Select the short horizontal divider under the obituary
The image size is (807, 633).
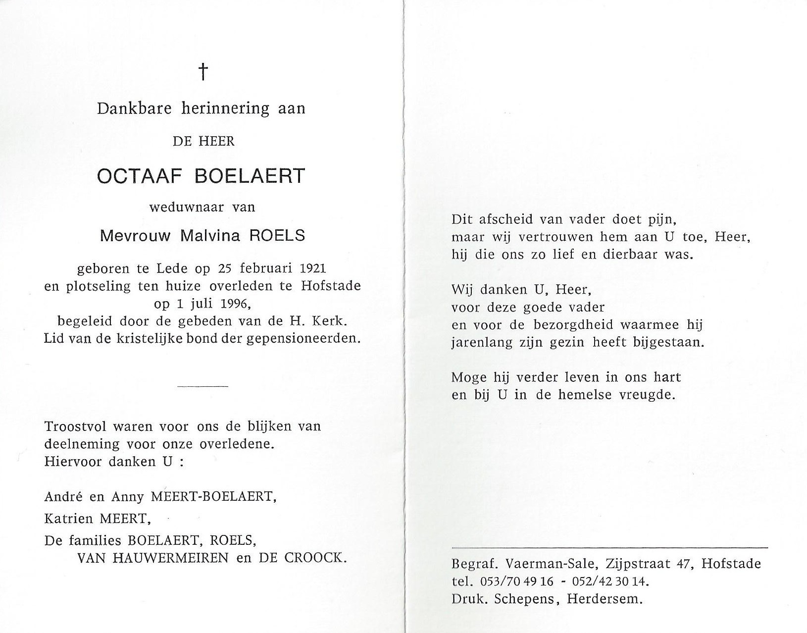click(x=202, y=386)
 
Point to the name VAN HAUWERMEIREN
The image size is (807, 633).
click(x=152, y=558)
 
